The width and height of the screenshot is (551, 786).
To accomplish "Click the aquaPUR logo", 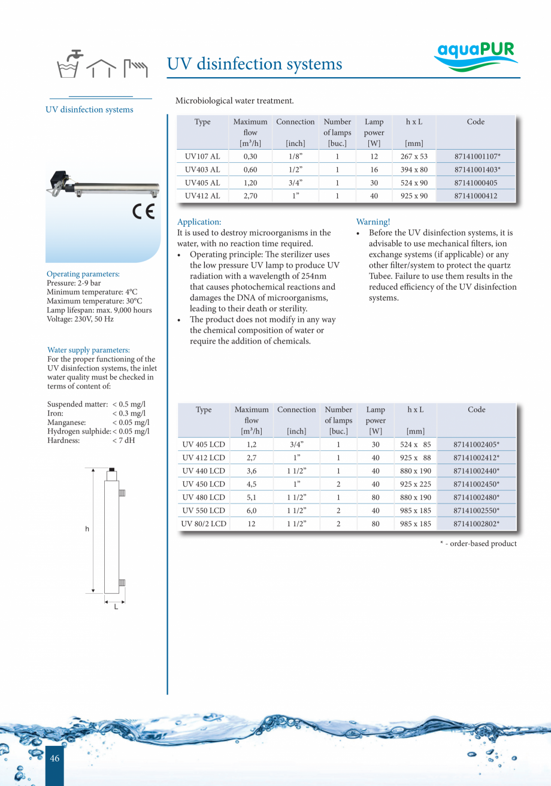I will (476, 56).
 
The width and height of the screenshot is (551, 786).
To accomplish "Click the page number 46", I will (55, 758).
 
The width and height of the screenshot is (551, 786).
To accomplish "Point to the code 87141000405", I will (476, 183).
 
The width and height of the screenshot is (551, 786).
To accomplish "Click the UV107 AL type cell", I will (202, 157).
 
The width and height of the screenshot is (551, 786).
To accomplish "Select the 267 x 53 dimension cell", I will (414, 157).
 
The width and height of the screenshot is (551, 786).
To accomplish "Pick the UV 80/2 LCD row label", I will (204, 524).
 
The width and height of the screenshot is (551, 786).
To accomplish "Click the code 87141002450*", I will (477, 484).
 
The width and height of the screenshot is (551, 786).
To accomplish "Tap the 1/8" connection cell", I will (295, 157).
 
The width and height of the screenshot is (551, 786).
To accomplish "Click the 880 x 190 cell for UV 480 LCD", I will (415, 497).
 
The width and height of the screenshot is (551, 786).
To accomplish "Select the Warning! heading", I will (373, 222).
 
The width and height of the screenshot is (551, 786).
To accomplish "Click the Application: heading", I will (199, 222).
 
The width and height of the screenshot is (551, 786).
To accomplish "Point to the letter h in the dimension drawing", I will (87, 529).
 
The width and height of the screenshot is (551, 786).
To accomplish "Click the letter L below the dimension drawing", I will (116, 607).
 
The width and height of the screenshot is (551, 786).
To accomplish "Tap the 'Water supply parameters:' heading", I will (88, 350).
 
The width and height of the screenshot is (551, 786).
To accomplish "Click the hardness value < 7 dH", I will (123, 441).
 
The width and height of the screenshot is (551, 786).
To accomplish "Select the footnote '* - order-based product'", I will (477, 544).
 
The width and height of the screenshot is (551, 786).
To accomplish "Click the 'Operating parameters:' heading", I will (83, 274).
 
